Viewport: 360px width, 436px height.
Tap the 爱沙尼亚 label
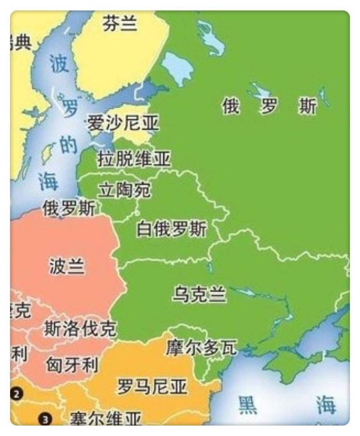[123, 123]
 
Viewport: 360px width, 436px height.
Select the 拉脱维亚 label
[134, 159]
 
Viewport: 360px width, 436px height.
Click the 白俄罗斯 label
[171, 229]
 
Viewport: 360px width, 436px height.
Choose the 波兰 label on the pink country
[67, 266]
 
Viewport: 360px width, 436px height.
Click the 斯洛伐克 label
[80, 329]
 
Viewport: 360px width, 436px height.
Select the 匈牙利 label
[72, 364]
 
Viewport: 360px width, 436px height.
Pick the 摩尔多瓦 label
[201, 348]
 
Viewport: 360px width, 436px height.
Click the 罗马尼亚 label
[151, 386]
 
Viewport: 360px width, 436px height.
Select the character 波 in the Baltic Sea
[59, 64]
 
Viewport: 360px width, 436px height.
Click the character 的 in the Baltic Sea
[69, 145]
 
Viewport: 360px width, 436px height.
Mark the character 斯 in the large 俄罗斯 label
[307, 106]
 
